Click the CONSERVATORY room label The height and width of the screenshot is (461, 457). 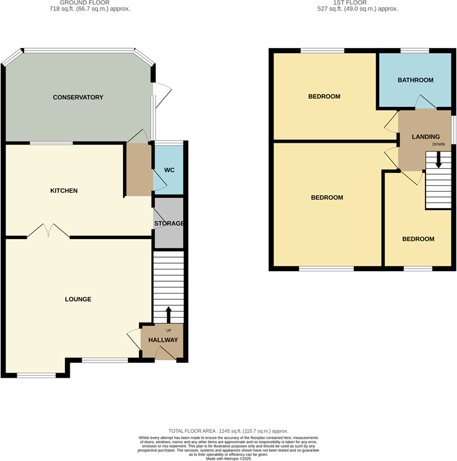78,98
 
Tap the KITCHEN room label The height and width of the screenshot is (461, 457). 64,191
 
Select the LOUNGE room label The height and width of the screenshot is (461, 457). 78,300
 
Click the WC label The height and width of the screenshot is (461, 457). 169,171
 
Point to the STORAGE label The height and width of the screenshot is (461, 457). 169,223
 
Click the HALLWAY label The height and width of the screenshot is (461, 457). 163,340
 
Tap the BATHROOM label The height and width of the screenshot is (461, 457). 415,80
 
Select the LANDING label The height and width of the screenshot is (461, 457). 426,137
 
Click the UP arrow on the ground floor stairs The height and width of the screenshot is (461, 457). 168,315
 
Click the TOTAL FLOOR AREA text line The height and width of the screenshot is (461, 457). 228,431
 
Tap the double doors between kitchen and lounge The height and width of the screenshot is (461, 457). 48,231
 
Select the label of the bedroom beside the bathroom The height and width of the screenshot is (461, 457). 324,97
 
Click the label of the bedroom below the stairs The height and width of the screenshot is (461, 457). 418,239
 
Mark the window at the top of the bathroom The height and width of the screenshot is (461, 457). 414,50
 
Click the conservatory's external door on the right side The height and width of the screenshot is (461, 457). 162,94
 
